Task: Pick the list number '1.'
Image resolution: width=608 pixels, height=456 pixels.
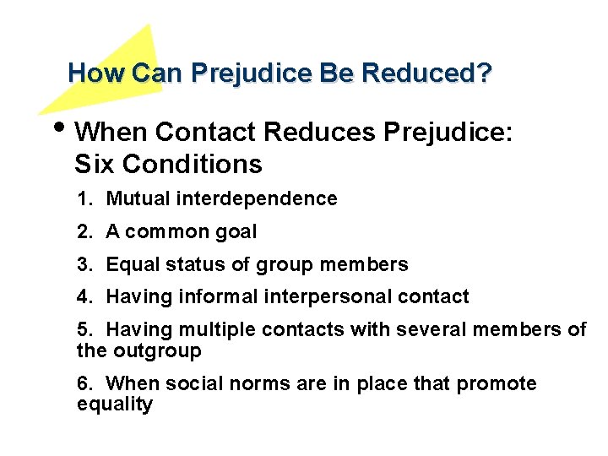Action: coord(84,199)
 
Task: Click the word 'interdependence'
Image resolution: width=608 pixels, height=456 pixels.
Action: coord(276,199)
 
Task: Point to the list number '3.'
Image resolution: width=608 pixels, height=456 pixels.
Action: coord(84,265)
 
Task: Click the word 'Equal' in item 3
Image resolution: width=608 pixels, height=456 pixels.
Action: coord(130,265)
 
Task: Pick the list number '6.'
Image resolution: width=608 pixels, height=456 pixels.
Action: coord(84,384)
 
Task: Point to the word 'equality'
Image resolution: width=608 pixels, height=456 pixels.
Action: coord(114,404)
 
